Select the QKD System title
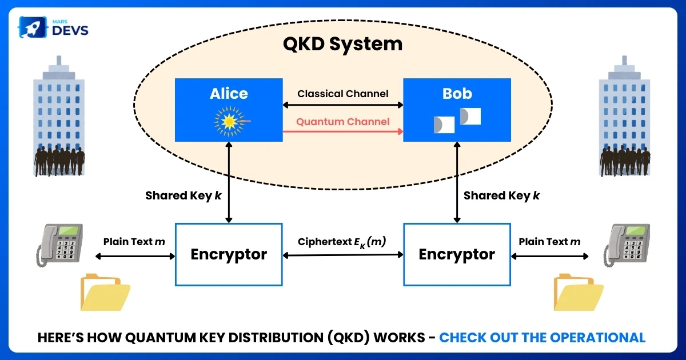tap(342, 44)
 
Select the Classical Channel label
tap(342, 93)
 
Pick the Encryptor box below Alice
tap(229, 254)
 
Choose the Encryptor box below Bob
tap(457, 254)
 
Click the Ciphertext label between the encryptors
tap(342, 242)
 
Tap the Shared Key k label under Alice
tap(184, 195)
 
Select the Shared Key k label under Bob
tap(501, 195)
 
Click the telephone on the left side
tap(59, 245)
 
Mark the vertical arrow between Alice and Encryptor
tap(229, 183)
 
